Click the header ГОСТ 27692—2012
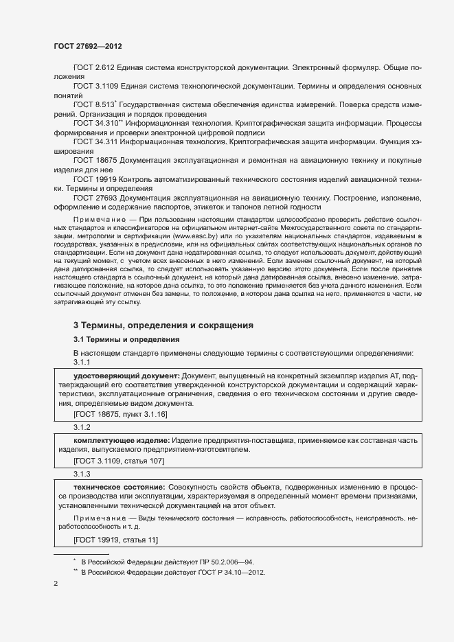pyautogui.click(x=88, y=46)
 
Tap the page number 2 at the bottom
pyautogui.click(x=56, y=584)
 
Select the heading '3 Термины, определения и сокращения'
pyautogui.click(x=163, y=324)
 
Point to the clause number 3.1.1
pyautogui.click(x=82, y=362)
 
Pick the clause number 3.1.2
pyautogui.click(x=82, y=426)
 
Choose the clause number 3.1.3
pyautogui.click(x=82, y=474)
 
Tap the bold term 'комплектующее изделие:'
pyautogui.click(x=121, y=439)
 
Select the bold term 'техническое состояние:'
pyautogui.click(x=119, y=487)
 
